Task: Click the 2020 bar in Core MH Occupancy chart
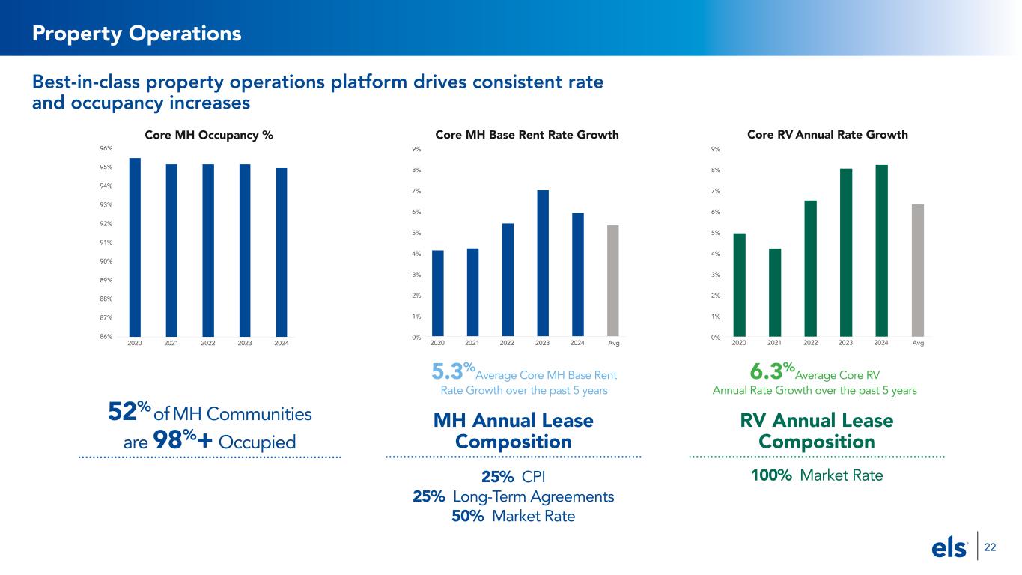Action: (135, 247)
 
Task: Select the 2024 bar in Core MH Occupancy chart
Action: (282, 252)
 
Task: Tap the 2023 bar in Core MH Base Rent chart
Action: (543, 264)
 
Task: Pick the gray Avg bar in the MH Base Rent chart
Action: (612, 281)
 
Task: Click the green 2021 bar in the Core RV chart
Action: (775, 292)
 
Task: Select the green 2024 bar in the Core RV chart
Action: (881, 250)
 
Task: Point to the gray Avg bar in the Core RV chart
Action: (918, 270)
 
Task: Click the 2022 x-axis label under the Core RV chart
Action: (810, 343)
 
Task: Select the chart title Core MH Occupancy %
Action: (208, 135)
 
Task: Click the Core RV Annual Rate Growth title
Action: (827, 135)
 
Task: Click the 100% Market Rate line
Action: (817, 475)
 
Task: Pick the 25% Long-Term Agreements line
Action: (514, 496)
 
